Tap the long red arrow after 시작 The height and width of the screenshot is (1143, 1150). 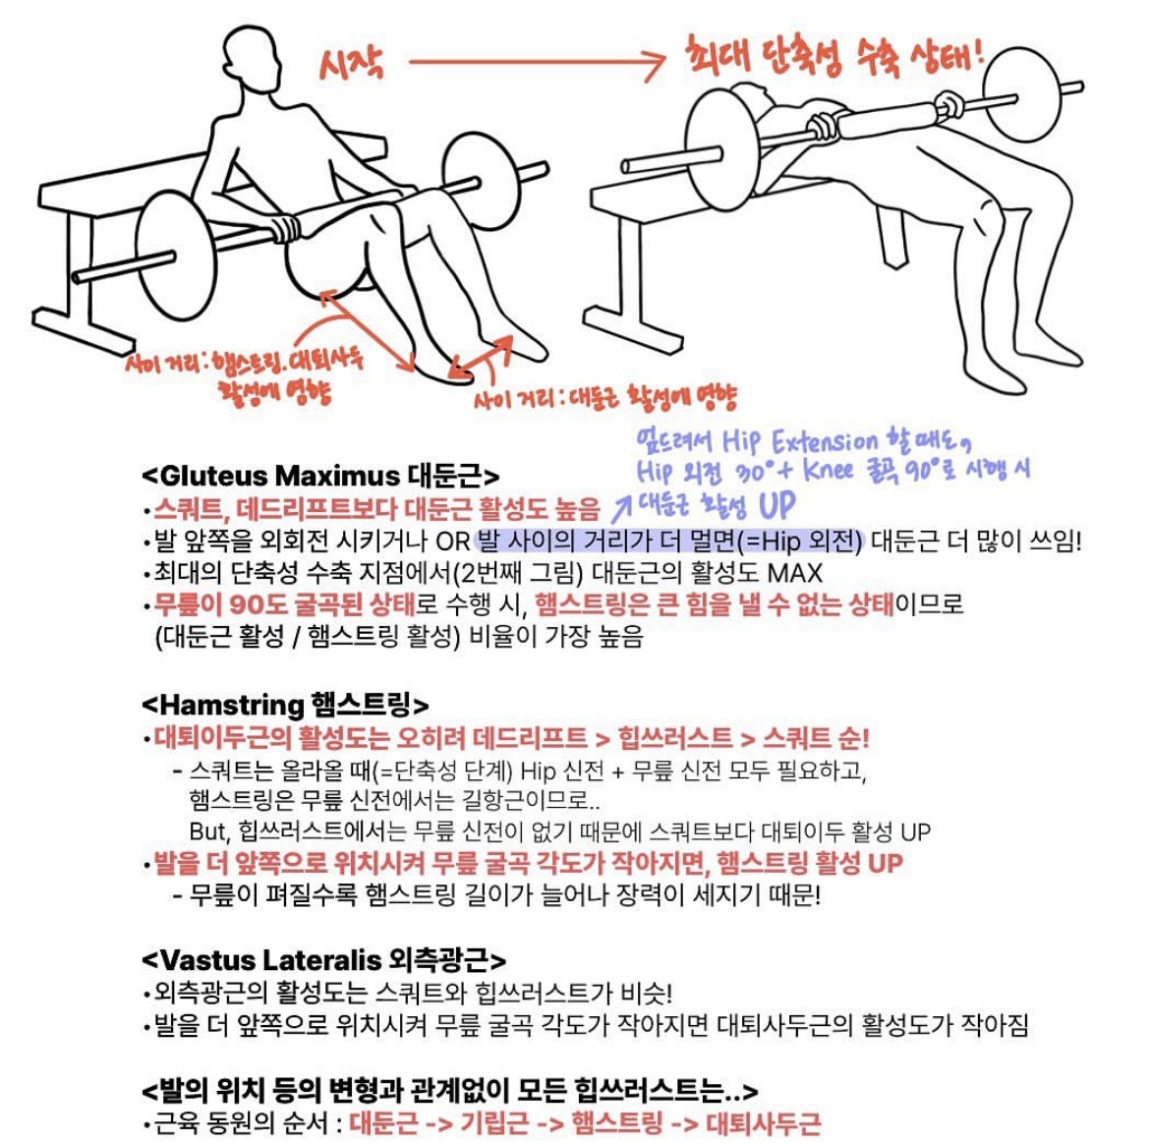click(x=537, y=62)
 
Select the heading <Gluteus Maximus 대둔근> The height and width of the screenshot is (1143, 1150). click(x=320, y=476)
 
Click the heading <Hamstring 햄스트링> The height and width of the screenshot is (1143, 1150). click(x=285, y=705)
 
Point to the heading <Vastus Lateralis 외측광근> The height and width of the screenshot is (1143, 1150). click(x=323, y=960)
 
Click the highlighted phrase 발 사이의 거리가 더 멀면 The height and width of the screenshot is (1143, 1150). click(x=605, y=542)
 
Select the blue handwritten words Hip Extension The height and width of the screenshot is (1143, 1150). click(x=799, y=442)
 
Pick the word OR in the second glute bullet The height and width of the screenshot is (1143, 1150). click(x=452, y=542)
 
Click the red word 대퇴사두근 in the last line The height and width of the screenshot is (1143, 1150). click(x=763, y=1122)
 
